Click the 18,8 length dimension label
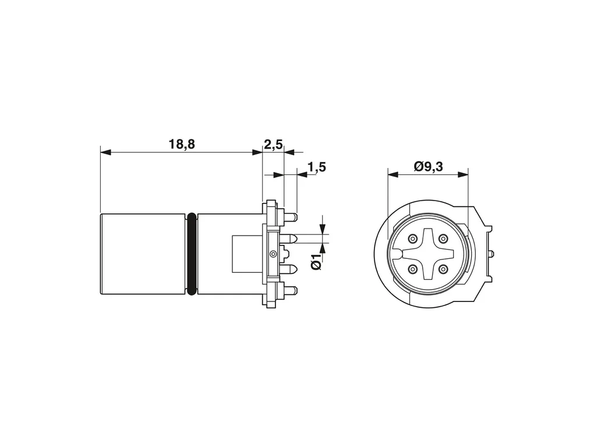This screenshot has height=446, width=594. click(182, 145)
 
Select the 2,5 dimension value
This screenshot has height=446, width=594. click(273, 145)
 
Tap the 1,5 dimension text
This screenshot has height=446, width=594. click(317, 167)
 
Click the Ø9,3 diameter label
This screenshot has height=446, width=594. click(429, 166)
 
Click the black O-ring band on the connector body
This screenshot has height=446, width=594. click(192, 254)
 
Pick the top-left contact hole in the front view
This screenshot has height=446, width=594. click(412, 239)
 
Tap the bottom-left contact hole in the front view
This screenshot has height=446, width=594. click(412, 269)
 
